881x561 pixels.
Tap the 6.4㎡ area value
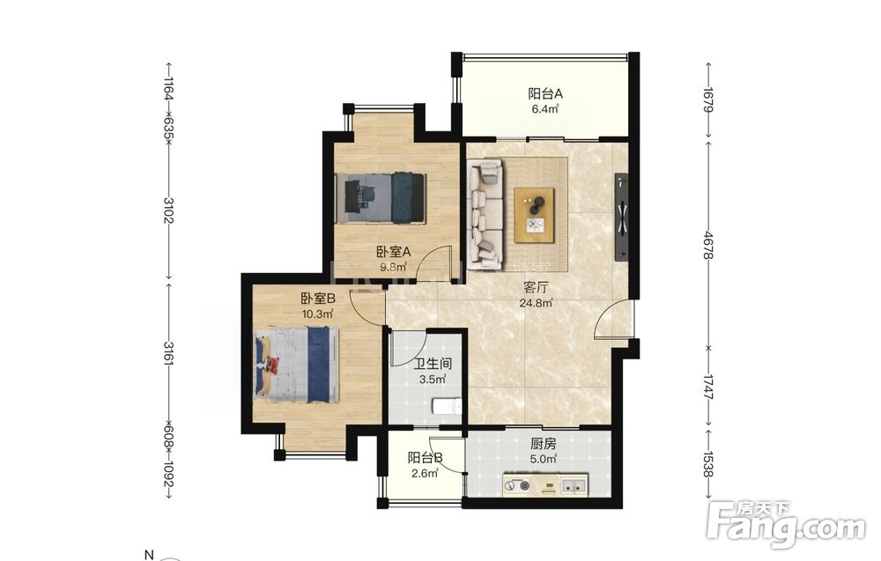tap(545, 109)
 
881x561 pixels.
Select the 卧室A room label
tap(393, 252)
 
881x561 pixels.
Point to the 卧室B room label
tap(318, 299)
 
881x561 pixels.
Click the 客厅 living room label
tap(536, 288)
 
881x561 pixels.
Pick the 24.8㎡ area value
tap(536, 304)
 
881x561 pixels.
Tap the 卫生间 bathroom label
tap(433, 364)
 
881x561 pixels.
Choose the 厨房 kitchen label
tap(544, 444)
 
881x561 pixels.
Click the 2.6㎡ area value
tap(425, 474)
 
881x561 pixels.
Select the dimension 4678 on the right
tap(708, 246)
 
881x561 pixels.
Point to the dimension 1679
tap(708, 99)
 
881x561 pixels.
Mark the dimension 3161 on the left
tap(168, 353)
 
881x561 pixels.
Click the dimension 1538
tap(708, 464)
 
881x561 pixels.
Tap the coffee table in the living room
tap(534, 215)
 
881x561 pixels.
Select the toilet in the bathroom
tap(447, 406)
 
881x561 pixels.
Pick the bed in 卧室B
tap(296, 365)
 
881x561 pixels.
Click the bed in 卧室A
tap(381, 199)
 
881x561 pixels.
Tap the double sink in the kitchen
tap(574, 486)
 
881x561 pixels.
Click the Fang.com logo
tap(786, 524)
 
